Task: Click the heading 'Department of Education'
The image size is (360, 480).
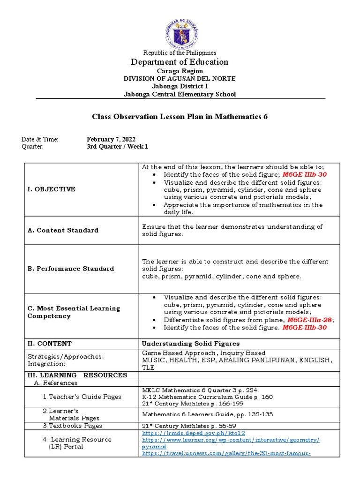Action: (x=180, y=62)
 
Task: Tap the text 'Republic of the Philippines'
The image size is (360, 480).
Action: (x=180, y=52)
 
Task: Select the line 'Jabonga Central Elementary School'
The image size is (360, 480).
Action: (x=180, y=94)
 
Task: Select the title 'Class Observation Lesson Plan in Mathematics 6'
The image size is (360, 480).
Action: (x=180, y=117)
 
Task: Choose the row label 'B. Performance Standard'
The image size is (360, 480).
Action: (x=71, y=269)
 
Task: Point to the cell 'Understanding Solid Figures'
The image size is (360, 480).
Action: (x=191, y=344)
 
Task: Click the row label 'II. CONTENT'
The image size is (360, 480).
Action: (x=49, y=344)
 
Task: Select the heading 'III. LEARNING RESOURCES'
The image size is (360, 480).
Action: (x=77, y=375)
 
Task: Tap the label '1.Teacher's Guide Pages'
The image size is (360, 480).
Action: (x=82, y=397)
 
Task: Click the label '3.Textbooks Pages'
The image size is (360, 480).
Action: (x=72, y=426)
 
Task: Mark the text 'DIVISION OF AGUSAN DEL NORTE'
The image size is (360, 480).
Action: (x=180, y=78)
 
